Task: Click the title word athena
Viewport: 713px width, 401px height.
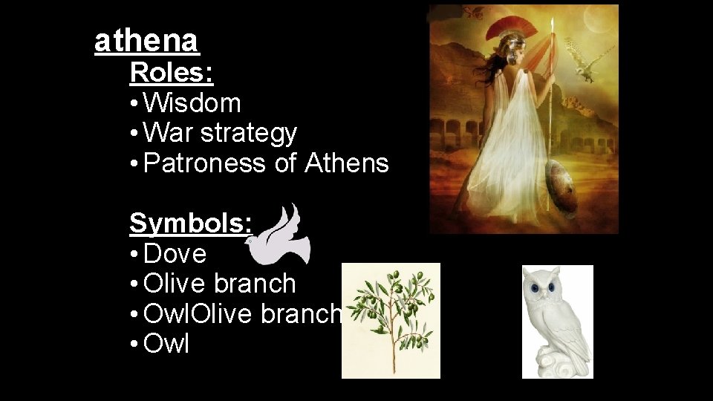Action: [147, 42]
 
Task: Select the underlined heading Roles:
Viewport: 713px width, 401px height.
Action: [172, 73]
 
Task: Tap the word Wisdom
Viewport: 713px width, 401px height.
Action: [192, 103]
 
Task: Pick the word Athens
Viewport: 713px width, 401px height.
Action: [347, 163]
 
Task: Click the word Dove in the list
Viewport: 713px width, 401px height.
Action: [175, 254]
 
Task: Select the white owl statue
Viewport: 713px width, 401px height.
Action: [557, 323]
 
